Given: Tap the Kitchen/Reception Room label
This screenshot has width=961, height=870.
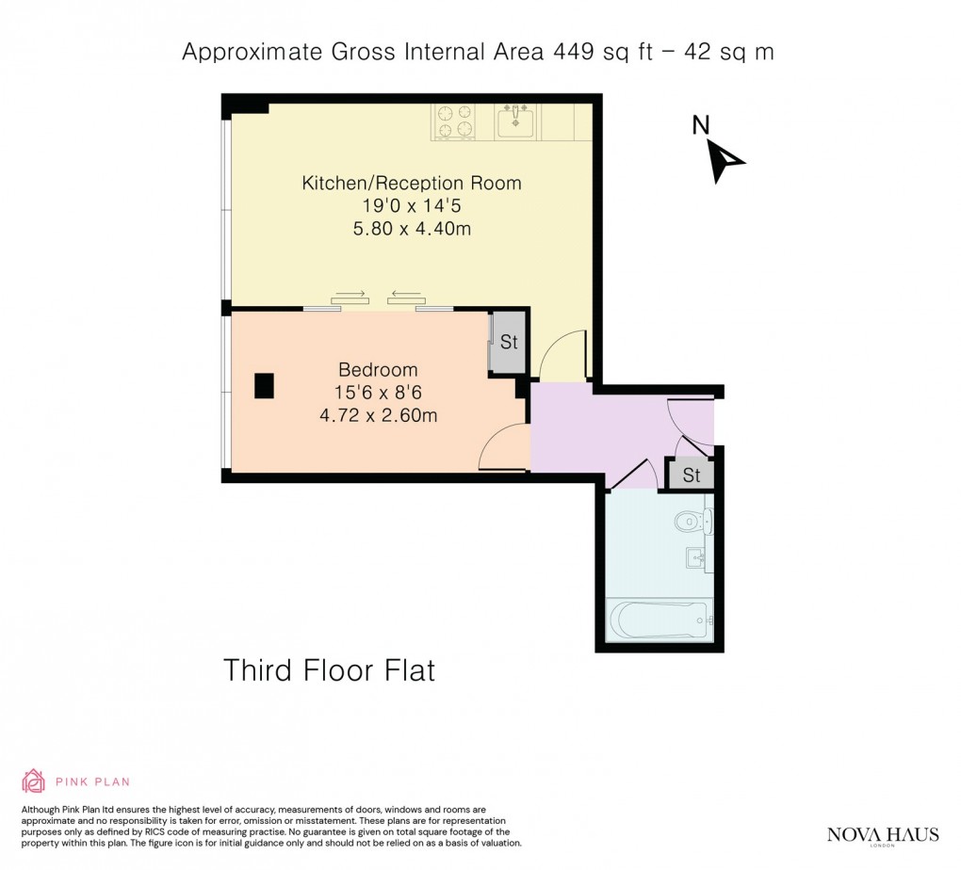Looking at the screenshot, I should [x=411, y=183].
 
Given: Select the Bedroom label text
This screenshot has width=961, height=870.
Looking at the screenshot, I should [x=378, y=369].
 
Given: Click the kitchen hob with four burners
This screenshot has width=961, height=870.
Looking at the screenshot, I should [x=453, y=121].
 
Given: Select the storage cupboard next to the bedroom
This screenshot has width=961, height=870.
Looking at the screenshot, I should [x=508, y=342].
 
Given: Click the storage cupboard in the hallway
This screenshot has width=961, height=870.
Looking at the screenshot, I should [x=691, y=475].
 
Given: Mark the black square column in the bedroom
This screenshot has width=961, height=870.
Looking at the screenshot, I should [x=264, y=385].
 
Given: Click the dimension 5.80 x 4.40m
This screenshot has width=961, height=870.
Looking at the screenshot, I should [x=411, y=228].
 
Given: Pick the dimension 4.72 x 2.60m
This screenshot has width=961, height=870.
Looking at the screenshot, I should [x=378, y=414].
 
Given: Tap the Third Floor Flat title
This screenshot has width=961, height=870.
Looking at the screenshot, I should [x=329, y=670].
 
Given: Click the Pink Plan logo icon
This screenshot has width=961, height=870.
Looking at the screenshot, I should [x=33, y=781].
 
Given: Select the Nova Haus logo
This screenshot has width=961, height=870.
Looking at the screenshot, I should [x=883, y=835].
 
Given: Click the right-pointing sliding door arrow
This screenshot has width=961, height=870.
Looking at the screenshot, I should [x=349, y=295].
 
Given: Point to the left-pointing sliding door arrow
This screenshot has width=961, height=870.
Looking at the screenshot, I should [x=406, y=295].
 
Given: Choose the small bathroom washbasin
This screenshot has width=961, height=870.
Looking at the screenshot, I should [x=699, y=557].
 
